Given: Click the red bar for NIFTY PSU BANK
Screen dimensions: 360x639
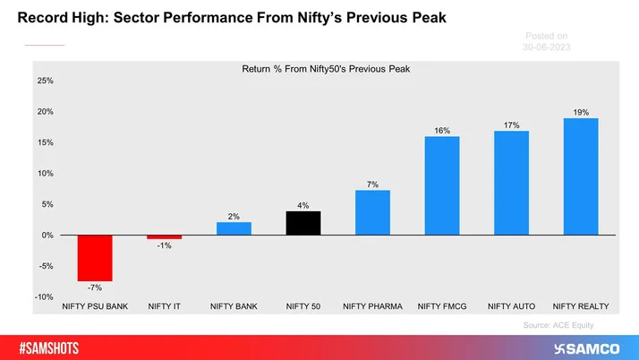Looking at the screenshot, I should point(95,258).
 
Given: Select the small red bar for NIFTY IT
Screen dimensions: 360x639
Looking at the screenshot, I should point(164,237).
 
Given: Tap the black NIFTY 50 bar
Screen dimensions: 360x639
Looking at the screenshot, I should point(303,223).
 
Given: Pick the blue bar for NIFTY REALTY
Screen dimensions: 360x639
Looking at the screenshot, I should point(581,176).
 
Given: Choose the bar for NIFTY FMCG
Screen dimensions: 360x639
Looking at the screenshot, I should point(442,185).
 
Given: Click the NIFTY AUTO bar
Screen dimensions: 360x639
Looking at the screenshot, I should point(511,183).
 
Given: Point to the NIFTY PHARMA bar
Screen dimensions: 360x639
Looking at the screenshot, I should point(372,212).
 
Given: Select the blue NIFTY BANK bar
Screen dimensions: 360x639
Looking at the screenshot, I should point(234,228).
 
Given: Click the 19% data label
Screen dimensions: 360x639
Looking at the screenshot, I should point(581,112).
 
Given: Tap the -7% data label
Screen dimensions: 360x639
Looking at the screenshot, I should point(95,287).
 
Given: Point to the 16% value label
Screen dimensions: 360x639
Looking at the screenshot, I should point(442,131).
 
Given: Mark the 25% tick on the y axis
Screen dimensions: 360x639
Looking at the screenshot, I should point(45,81).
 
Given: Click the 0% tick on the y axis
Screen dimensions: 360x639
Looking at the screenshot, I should point(47,236).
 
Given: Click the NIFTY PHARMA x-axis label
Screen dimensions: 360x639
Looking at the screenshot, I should point(372,306).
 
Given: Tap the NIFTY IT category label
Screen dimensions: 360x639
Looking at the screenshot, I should point(164,306).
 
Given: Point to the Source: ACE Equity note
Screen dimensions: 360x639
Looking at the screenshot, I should point(558,325).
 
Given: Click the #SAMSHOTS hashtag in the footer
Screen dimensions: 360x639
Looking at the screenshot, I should point(55,347).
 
